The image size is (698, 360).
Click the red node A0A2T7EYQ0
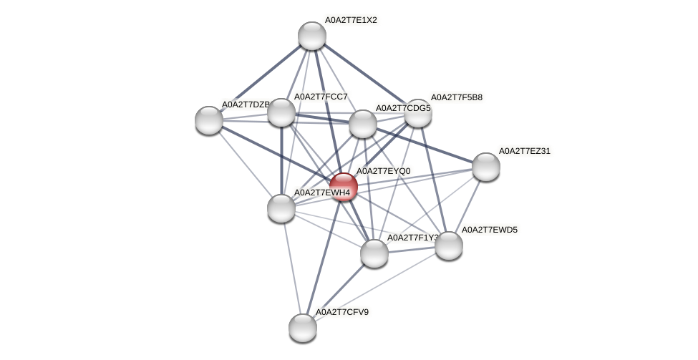pos(344,187)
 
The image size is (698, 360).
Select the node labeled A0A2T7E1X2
pos(312,36)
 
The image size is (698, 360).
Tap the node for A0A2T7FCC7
pos(281,112)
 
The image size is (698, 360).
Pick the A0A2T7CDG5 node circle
pos(363,124)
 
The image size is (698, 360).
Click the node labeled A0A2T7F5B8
pos(418,113)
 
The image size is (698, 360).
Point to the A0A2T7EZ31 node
pos(486,167)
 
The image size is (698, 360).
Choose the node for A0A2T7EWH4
pos(281,208)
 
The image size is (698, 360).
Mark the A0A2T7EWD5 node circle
pos(449,245)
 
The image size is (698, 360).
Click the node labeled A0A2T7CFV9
pos(303,327)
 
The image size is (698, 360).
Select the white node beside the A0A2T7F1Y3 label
pos(374,253)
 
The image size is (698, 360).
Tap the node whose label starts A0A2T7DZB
pos(209,120)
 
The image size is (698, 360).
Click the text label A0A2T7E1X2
pos(351,20)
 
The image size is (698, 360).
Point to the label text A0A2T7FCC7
pos(321,97)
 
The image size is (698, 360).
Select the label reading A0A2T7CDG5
pos(403,108)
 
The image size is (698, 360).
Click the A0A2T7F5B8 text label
pos(456,97)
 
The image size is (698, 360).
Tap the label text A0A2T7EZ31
pos(525,151)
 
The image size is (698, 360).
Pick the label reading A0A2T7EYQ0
pos(383,171)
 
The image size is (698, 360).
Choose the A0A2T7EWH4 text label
pos(322,193)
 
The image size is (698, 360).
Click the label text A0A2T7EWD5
pos(489,230)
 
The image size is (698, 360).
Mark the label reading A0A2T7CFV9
pos(342,312)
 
